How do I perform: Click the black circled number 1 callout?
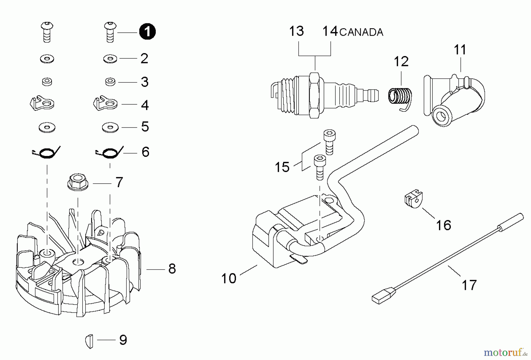[147, 32]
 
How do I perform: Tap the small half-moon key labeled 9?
[89, 341]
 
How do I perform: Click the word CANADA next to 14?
[361, 32]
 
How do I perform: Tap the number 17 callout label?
[469, 285]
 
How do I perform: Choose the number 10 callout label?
[229, 279]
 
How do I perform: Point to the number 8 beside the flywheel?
[172, 269]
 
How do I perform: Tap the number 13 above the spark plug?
[296, 31]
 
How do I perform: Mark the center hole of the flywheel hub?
[78, 261]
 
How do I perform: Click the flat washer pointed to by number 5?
[110, 127]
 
